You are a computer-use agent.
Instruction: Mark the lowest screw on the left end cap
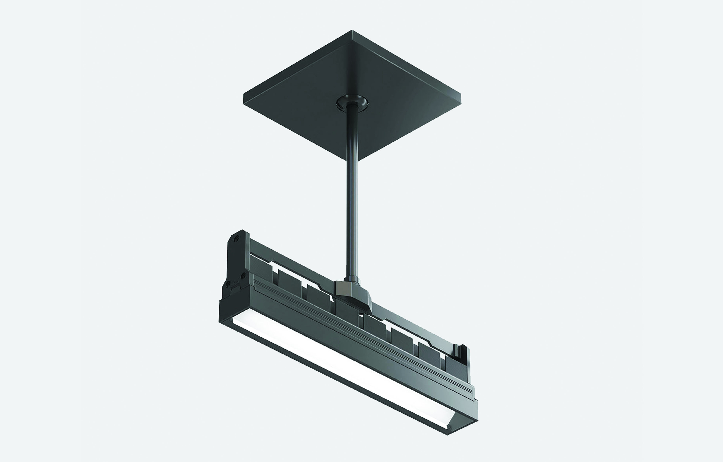tap(228, 283)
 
